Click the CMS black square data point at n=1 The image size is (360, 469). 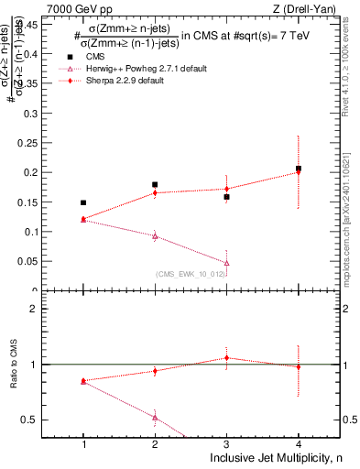83,202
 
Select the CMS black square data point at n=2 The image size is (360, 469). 155,185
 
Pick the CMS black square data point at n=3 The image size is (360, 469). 226,197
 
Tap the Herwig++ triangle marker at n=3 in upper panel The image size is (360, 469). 226,263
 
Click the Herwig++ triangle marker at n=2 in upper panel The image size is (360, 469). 155,236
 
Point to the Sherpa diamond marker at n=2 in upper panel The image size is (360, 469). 155,192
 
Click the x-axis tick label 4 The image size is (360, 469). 298,444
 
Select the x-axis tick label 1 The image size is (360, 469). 83,444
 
